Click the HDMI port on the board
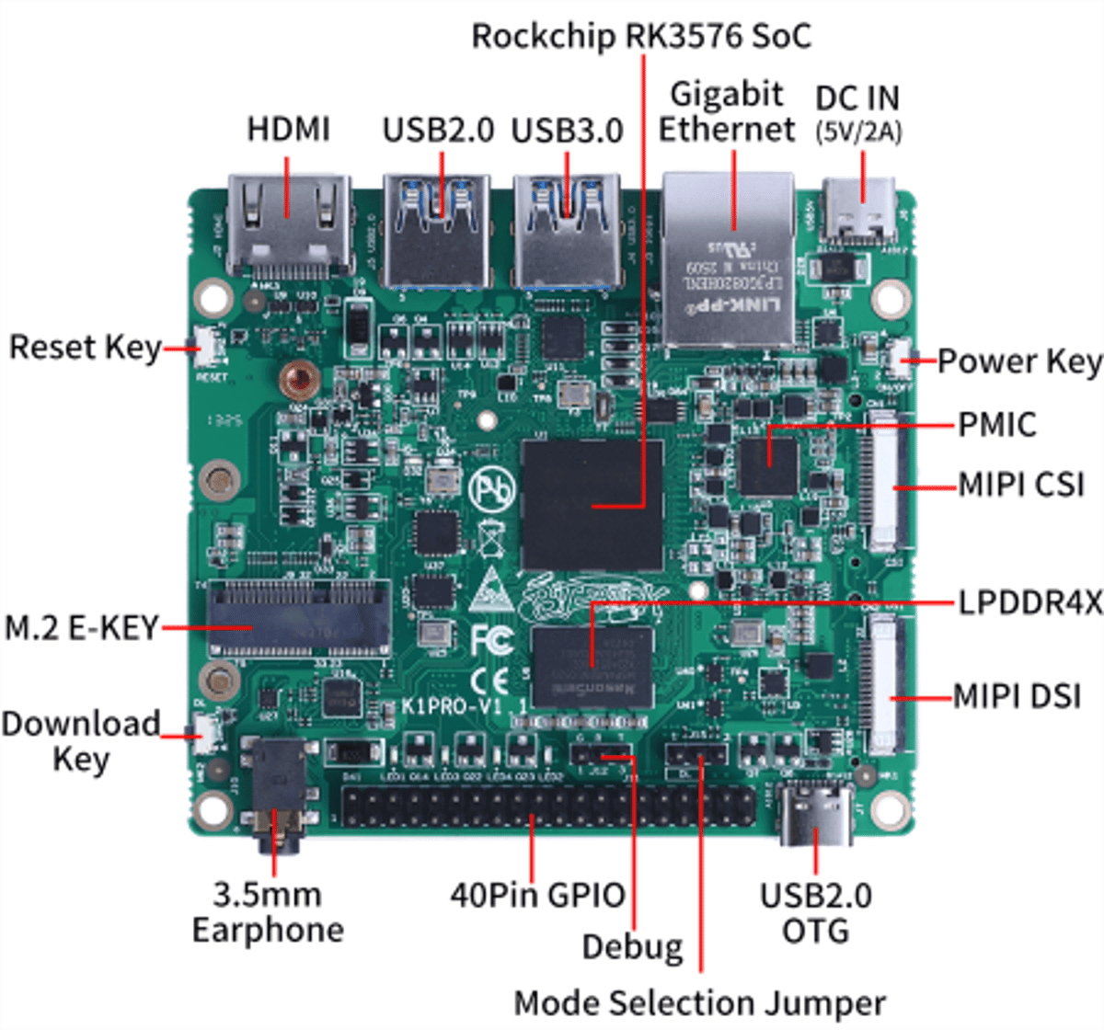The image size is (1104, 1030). [288, 225]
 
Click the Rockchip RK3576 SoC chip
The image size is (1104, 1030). [592, 504]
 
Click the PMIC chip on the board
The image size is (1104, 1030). [768, 464]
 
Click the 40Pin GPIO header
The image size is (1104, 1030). [547, 807]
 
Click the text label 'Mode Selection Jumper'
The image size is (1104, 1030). [699, 1002]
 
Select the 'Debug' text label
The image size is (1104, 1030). [632, 946]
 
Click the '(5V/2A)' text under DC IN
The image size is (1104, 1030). [858, 132]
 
